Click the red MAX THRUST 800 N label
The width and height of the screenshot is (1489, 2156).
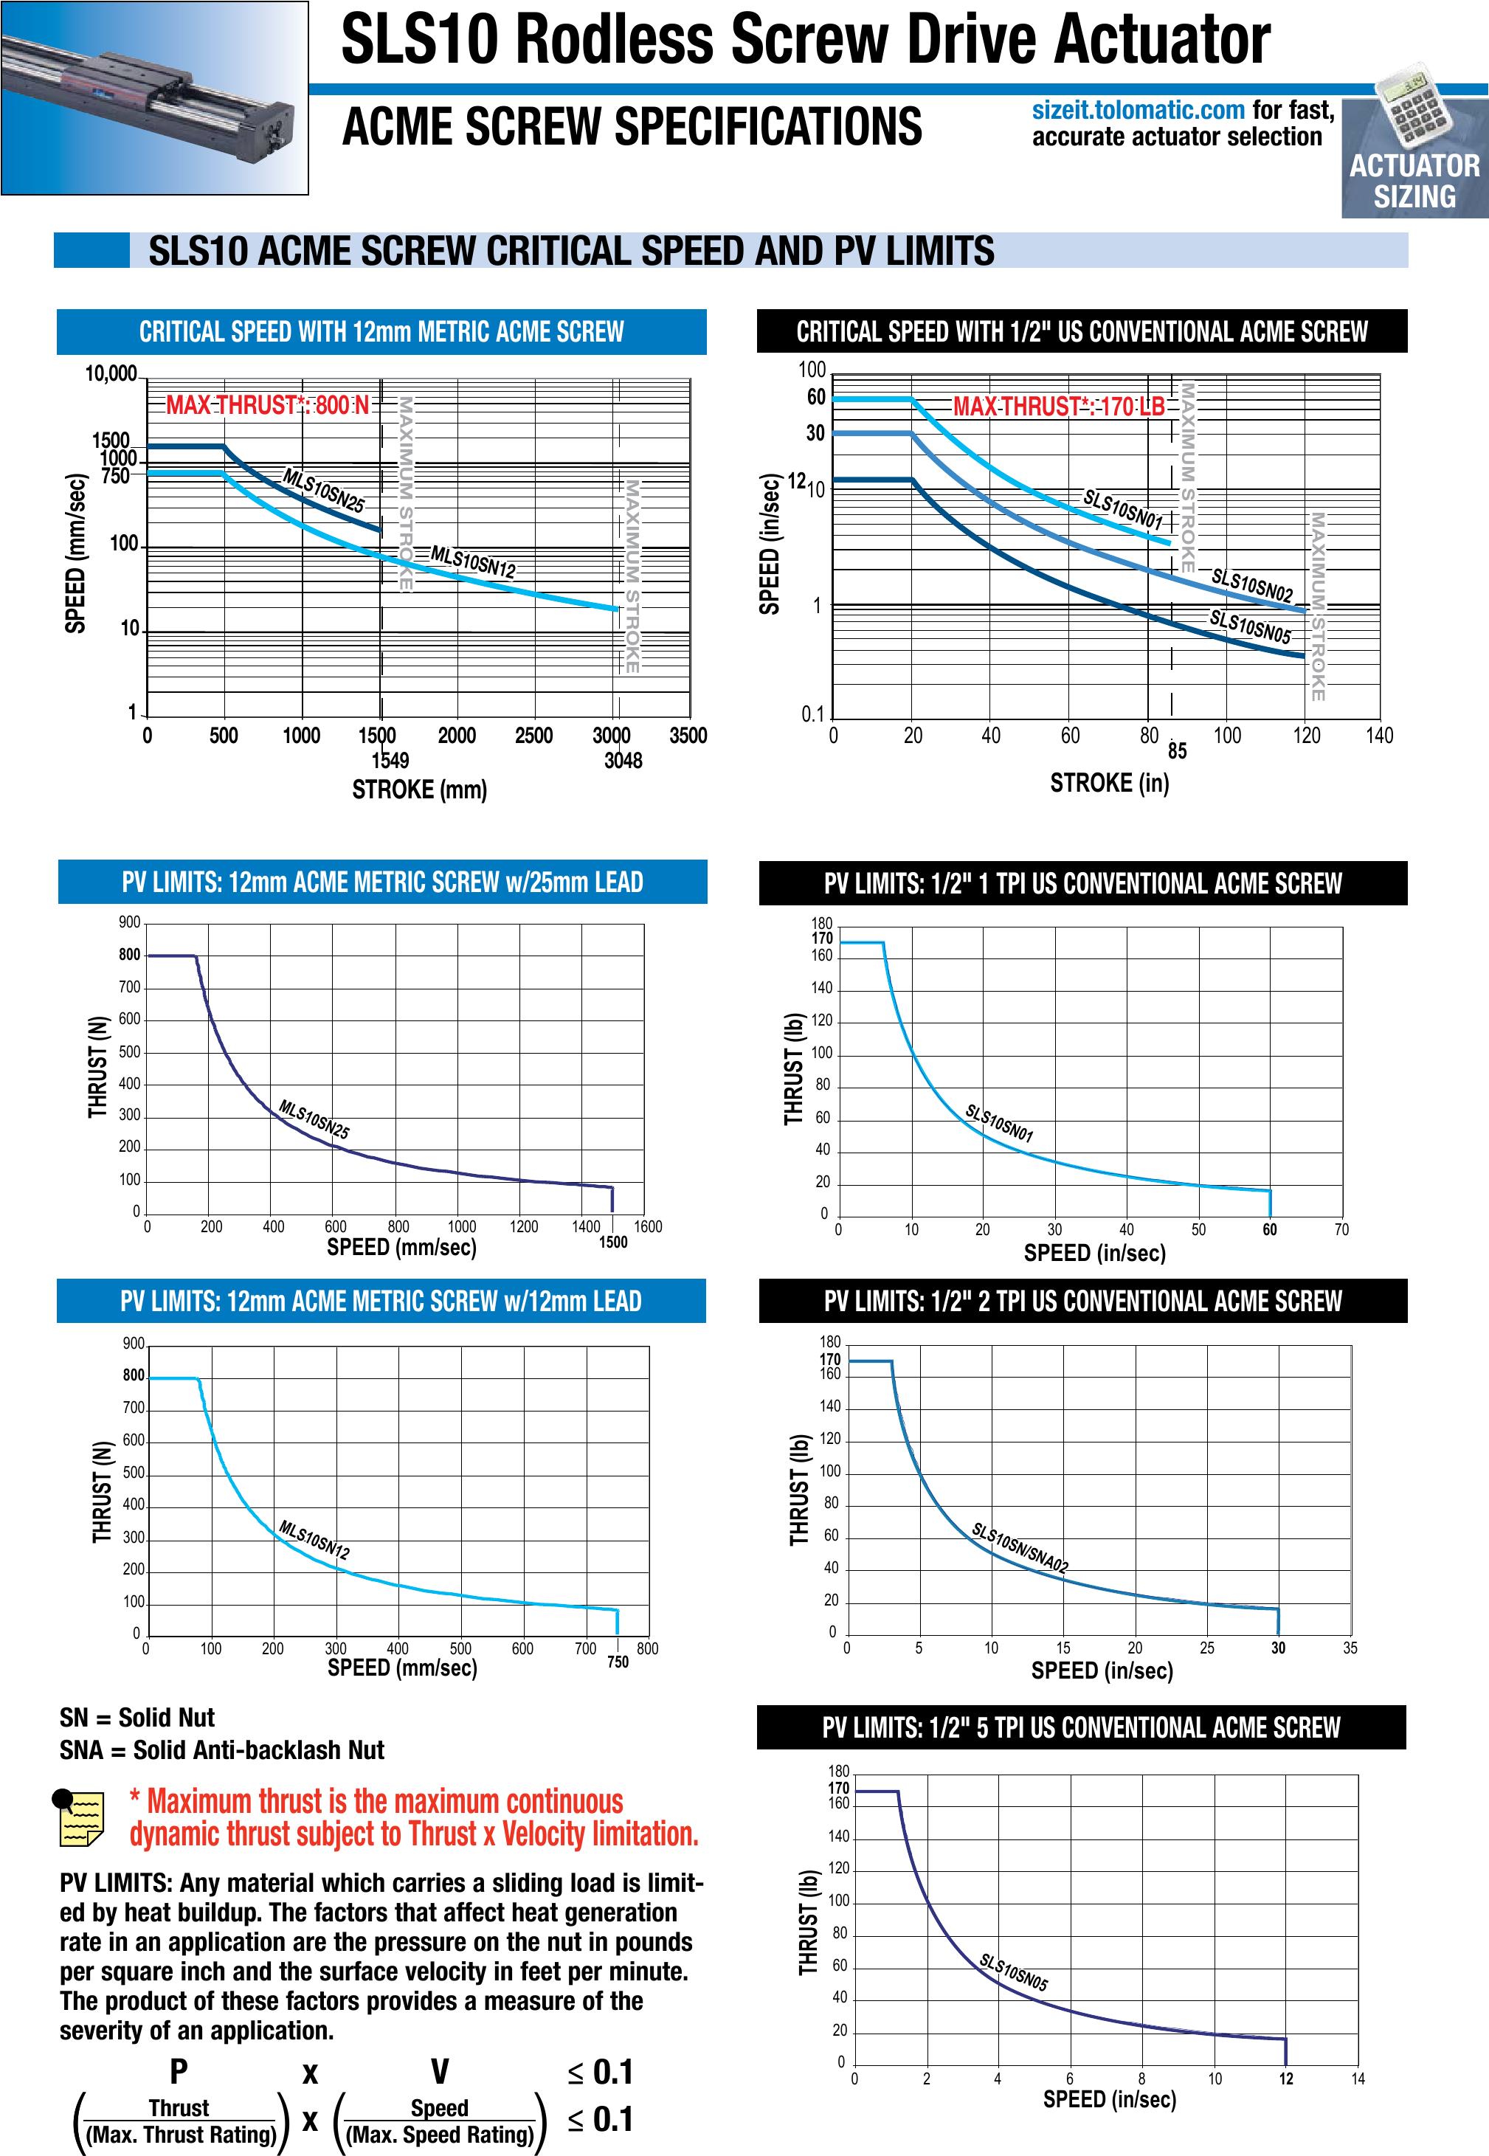[268, 406]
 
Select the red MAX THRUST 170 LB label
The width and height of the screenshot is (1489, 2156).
[1059, 407]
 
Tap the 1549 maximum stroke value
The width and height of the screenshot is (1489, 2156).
[390, 760]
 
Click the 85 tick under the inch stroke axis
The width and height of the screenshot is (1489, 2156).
[1178, 751]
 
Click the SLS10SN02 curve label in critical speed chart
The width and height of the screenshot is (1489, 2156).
[1252, 584]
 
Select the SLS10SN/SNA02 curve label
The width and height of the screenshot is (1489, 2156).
[1020, 1548]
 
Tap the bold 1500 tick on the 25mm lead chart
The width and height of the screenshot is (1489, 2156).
[613, 1243]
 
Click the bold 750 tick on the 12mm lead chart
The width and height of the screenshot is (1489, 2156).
[618, 1662]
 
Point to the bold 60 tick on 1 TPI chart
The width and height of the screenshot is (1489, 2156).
[1270, 1229]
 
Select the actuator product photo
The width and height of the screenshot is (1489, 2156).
[155, 98]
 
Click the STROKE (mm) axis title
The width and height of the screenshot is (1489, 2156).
[419, 790]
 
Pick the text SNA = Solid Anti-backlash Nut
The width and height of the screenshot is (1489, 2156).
[222, 1750]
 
